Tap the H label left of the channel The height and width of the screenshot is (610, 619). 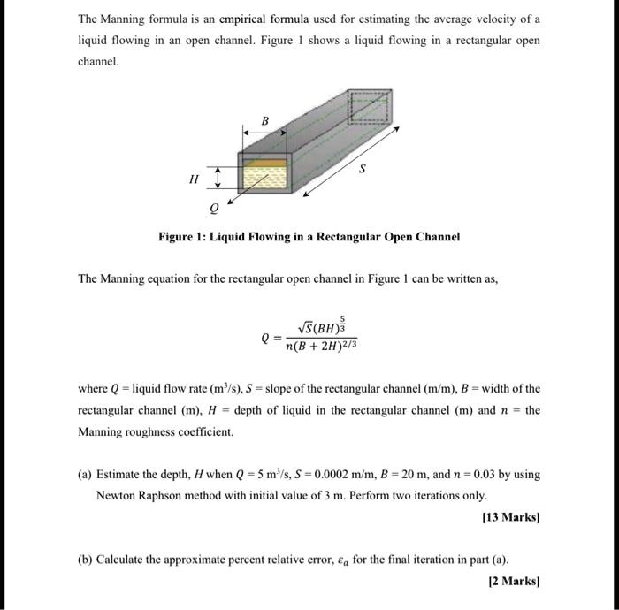click(194, 179)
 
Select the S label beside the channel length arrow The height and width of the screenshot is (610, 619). click(362, 172)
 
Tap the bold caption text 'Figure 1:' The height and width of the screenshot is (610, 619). click(185, 237)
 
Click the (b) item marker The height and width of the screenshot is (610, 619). click(85, 560)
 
